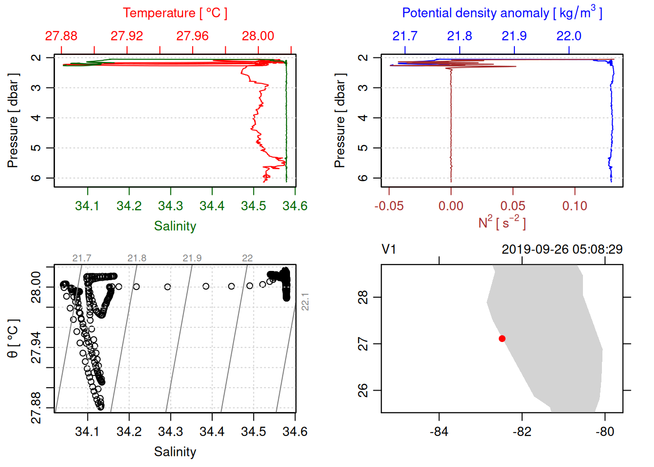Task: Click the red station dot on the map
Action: pyautogui.click(x=502, y=339)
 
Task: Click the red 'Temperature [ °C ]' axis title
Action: pyautogui.click(x=175, y=13)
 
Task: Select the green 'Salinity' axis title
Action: pyautogui.click(x=175, y=226)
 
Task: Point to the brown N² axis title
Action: pyautogui.click(x=502, y=223)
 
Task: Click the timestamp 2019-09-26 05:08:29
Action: pyautogui.click(x=562, y=250)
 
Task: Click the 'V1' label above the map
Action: pyautogui.click(x=389, y=250)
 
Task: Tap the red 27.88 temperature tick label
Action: pyautogui.click(x=61, y=36)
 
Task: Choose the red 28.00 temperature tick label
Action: pyautogui.click(x=258, y=36)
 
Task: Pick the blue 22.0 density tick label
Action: pyautogui.click(x=569, y=36)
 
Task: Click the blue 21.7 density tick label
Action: pyautogui.click(x=405, y=36)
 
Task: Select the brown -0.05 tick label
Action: pyautogui.click(x=389, y=206)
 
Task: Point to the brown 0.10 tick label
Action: pyautogui.click(x=575, y=206)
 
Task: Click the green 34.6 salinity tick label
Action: pyautogui.click(x=295, y=206)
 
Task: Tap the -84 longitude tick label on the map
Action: pyautogui.click(x=439, y=431)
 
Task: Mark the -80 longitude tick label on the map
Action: pyautogui.click(x=605, y=431)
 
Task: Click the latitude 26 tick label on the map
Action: pyautogui.click(x=363, y=391)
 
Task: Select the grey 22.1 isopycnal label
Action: pyautogui.click(x=305, y=302)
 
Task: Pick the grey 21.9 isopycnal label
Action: pyautogui.click(x=192, y=258)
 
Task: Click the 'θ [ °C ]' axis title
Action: pyautogui.click(x=13, y=339)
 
